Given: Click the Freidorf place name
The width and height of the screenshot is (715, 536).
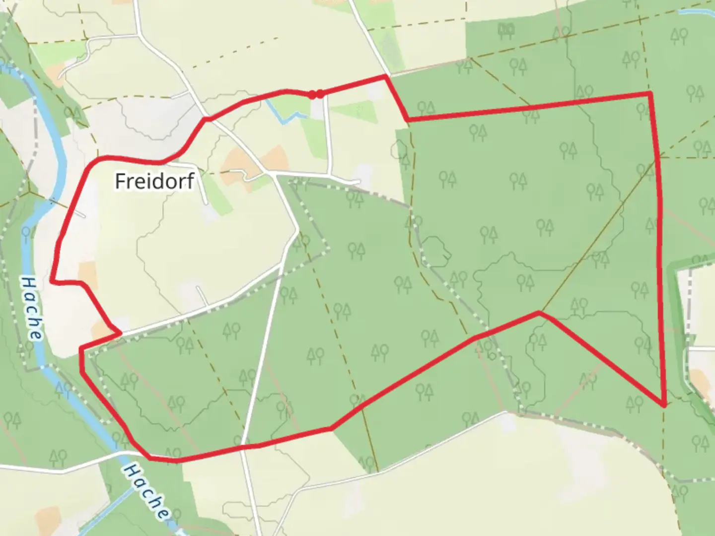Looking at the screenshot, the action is pos(154,181).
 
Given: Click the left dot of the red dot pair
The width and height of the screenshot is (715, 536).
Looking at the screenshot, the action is pos(312,95).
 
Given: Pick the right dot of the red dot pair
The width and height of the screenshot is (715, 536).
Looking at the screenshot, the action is pos(321,94).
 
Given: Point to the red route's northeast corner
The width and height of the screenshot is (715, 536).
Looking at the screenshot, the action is pos(650,93).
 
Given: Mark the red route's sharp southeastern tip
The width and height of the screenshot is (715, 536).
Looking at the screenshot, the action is pos(664,405).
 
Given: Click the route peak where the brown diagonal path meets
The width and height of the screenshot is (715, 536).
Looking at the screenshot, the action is pos(539,313).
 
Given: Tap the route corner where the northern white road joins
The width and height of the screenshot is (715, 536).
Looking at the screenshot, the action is pos(386,76).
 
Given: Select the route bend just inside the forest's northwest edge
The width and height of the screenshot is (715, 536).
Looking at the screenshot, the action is pos(408,120).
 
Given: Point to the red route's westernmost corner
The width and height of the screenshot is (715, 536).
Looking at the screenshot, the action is pos(52,281).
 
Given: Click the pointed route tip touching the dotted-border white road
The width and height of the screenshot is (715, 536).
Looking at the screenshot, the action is pos(120,333).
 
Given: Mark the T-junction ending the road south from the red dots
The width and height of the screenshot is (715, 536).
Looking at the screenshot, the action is pos(328,175).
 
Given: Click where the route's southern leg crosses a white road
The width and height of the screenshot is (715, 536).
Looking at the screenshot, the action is pos(243,448).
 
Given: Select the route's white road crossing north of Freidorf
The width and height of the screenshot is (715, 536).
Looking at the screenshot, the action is pos(206,119).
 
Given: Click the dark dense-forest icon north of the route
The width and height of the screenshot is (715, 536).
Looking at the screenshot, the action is pos(507,31).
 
